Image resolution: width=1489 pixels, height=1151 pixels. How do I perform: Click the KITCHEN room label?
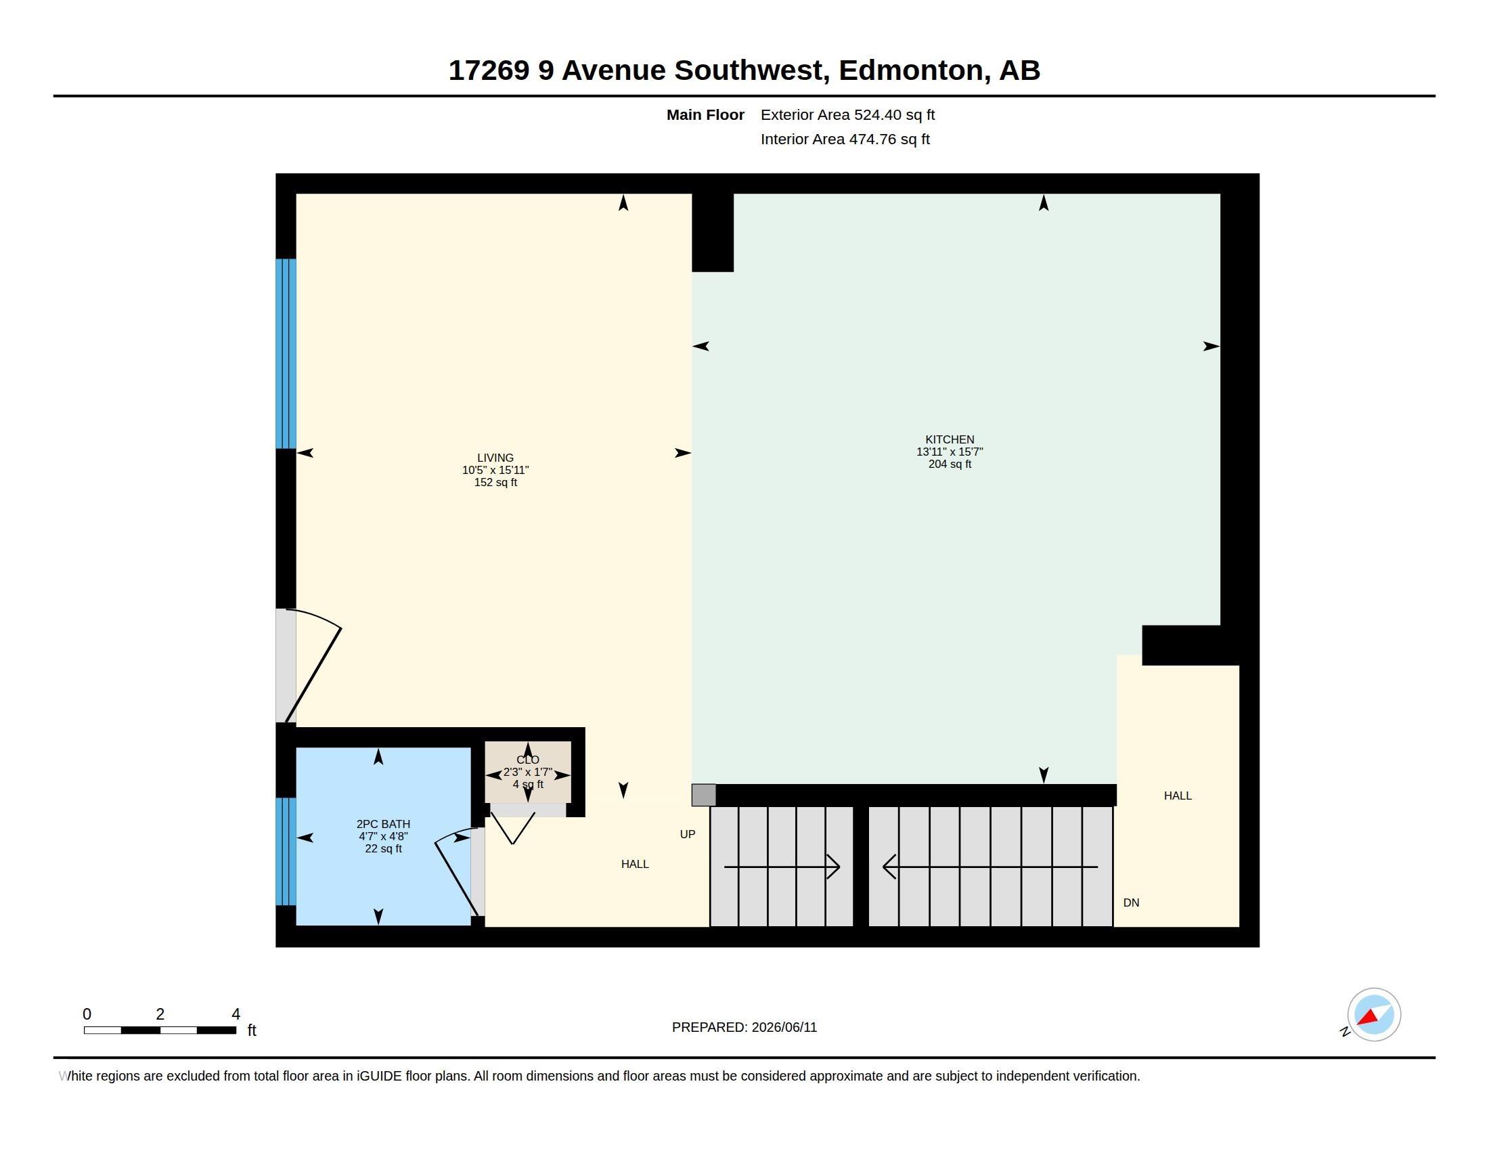pyautogui.click(x=949, y=440)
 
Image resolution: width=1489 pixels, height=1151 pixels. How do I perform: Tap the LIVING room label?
pyautogui.click(x=495, y=458)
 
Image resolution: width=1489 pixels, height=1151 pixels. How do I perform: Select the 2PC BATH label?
pyautogui.click(x=383, y=825)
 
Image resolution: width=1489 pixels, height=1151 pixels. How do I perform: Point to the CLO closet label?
pyautogui.click(x=528, y=760)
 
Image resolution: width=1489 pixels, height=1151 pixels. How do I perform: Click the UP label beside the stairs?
pyautogui.click(x=687, y=835)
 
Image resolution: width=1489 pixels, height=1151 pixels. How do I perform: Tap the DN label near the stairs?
pyautogui.click(x=1131, y=903)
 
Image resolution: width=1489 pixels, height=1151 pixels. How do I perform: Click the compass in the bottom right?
pyautogui.click(x=1373, y=1015)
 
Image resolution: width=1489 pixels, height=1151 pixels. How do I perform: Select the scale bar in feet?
pyautogui.click(x=160, y=1030)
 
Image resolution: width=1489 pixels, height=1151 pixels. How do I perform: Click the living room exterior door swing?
pyautogui.click(x=313, y=666)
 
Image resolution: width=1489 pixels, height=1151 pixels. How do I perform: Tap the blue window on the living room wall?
pyautogui.click(x=286, y=354)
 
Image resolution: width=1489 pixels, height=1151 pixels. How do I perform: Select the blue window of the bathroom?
pyautogui.click(x=286, y=852)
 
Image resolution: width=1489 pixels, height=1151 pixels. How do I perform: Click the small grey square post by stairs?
pyautogui.click(x=704, y=795)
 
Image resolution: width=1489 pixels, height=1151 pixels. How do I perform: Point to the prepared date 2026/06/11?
pyautogui.click(x=784, y=1028)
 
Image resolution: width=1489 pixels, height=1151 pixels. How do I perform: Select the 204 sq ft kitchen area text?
pyautogui.click(x=950, y=464)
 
